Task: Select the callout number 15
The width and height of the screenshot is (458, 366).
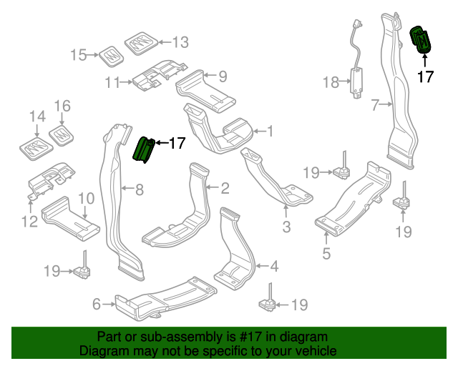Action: click(78, 54)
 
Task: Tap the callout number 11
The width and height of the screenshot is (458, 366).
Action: click(112, 83)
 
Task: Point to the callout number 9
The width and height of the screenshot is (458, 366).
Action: click(223, 75)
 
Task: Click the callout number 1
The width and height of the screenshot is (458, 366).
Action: click(270, 131)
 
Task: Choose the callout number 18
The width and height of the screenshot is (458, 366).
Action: click(330, 83)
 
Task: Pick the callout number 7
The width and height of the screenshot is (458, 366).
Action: click(374, 106)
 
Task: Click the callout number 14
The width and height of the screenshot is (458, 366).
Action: click(36, 117)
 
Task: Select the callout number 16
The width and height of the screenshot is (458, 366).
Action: click(63, 107)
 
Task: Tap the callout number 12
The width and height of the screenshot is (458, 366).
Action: click(29, 222)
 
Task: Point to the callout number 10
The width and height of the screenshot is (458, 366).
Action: click(86, 198)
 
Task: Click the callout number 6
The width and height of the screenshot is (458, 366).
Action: click(96, 305)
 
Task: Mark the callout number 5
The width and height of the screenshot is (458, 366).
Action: click(326, 252)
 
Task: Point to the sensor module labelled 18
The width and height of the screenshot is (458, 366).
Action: click(356, 79)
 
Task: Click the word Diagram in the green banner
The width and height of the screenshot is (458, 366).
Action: click(104, 352)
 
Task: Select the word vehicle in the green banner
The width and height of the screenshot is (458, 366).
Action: click(315, 352)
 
